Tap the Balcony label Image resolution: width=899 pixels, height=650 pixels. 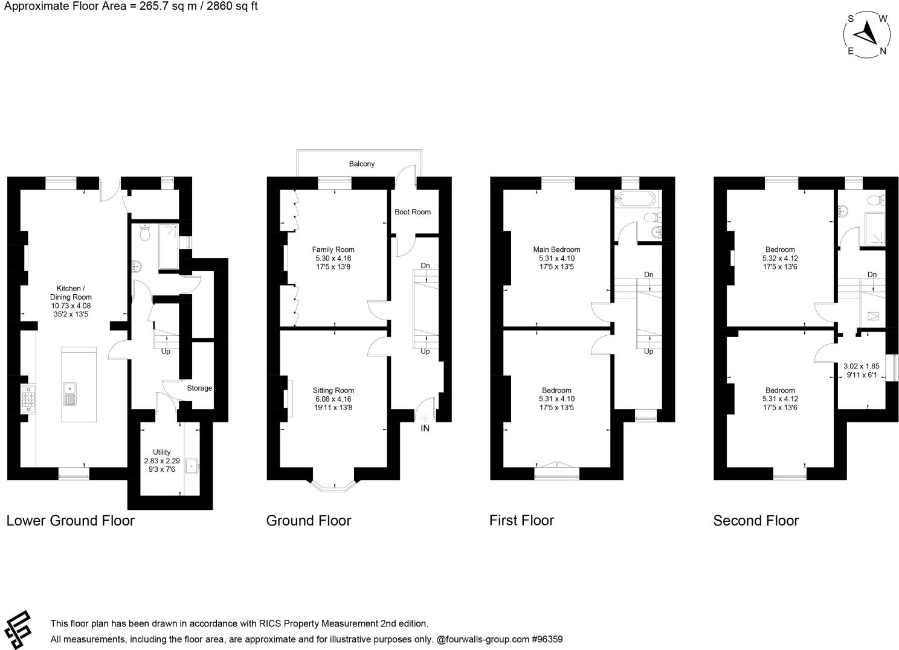click(x=361, y=164)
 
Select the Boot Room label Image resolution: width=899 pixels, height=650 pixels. click(x=413, y=212)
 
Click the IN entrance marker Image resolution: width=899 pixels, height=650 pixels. click(x=425, y=428)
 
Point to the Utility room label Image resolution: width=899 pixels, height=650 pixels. click(x=161, y=452)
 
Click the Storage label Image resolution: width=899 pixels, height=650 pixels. click(x=199, y=388)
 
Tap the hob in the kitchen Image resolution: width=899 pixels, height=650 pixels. click(x=28, y=398)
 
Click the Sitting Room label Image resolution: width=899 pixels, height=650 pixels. click(x=333, y=390)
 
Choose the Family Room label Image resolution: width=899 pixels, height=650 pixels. click(x=333, y=249)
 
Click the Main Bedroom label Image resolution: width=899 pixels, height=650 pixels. click(x=556, y=249)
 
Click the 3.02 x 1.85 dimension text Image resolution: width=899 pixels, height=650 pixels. click(x=861, y=366)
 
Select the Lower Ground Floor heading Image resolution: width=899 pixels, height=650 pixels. click(x=70, y=521)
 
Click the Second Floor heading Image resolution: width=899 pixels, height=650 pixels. click(x=755, y=521)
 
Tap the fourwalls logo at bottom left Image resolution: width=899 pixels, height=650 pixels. click(x=19, y=628)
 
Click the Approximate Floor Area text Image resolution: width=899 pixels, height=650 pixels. click(x=129, y=7)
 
